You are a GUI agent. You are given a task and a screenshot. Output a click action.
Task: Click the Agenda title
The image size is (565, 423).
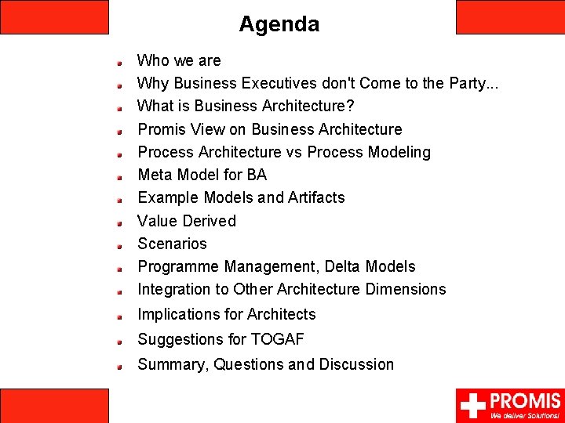(x=279, y=24)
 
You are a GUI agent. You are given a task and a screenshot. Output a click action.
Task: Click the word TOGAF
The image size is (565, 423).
(x=277, y=339)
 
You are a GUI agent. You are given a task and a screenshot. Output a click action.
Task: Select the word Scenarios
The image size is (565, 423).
(x=172, y=244)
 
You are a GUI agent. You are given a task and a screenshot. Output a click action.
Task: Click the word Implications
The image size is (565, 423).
(x=178, y=315)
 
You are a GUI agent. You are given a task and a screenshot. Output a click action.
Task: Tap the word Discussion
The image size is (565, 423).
(x=356, y=364)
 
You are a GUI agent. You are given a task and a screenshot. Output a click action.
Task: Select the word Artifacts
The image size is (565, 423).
(x=314, y=197)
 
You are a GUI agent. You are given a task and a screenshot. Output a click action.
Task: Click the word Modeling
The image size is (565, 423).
(x=398, y=152)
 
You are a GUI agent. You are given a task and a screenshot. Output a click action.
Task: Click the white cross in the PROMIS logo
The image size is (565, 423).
(x=472, y=406)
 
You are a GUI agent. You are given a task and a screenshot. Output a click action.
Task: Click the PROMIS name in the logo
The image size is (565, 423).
(x=525, y=400)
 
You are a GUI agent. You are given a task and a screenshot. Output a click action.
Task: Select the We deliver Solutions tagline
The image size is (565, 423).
(x=525, y=415)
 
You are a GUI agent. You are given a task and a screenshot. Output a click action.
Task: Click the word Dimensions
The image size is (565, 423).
(x=405, y=290)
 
